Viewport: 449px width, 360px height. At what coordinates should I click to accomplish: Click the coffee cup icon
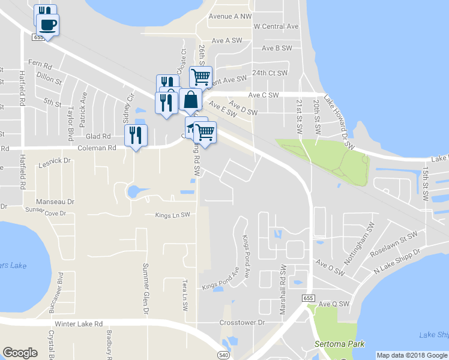tap(47, 25)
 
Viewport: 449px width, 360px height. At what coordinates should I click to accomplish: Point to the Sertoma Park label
tap(336, 345)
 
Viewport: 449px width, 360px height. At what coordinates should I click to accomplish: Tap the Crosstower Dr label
tap(243, 322)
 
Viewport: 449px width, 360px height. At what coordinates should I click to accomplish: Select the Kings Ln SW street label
tap(172, 215)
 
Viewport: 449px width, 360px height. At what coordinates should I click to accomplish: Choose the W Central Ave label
tap(276, 26)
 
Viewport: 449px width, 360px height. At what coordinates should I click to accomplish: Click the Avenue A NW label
tap(230, 16)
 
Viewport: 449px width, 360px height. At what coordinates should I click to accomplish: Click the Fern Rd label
tap(40, 64)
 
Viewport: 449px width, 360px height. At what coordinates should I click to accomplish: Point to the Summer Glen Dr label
tap(145, 289)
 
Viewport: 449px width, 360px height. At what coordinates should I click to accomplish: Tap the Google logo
tap(20, 352)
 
